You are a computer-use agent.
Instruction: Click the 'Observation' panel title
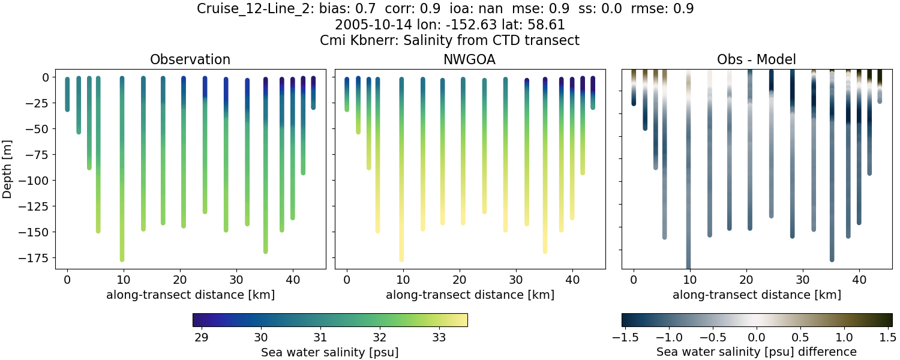point(190,59)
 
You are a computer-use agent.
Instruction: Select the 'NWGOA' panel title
point(470,59)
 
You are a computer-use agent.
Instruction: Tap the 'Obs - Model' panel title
point(757,59)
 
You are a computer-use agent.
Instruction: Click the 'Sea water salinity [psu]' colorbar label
point(329,352)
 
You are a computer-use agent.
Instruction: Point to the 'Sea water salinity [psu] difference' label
point(757,352)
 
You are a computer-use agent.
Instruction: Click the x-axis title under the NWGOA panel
point(470,295)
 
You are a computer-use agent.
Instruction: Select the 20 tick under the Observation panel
point(180,280)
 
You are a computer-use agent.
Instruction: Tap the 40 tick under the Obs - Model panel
point(859,280)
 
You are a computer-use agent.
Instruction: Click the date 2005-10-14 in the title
point(367,25)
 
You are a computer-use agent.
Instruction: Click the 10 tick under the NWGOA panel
point(403,280)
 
